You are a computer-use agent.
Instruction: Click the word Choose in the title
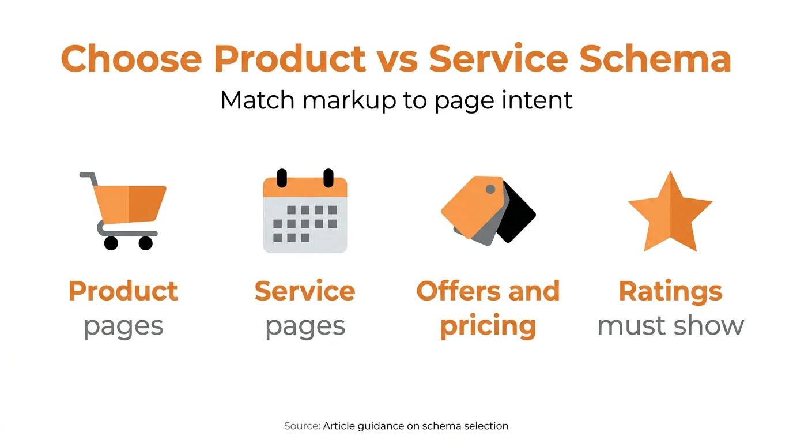click(x=131, y=59)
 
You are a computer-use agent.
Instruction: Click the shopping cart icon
click(x=124, y=211)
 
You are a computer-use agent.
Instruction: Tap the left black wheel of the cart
click(x=111, y=243)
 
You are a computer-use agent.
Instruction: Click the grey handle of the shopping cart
click(x=88, y=176)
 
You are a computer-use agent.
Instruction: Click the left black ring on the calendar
click(x=282, y=178)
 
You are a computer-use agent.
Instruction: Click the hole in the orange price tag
click(x=490, y=189)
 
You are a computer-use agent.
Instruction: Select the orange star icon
click(x=670, y=213)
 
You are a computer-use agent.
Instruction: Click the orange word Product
click(x=123, y=291)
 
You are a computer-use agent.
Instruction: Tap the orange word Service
click(x=305, y=291)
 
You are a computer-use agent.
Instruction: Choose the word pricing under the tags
click(x=488, y=326)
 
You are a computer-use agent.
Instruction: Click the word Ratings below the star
click(x=670, y=291)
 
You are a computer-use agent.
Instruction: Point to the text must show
click(x=670, y=326)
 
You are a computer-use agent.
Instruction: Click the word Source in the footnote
click(x=301, y=426)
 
